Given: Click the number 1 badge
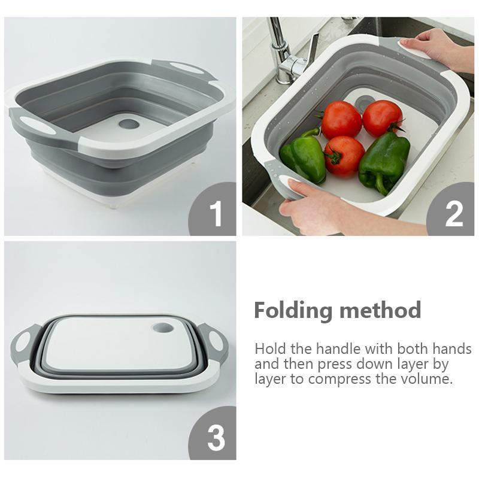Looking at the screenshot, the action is tap(213, 210).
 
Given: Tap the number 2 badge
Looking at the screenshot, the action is tap(451, 210).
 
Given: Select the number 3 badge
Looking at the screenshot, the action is tap(213, 433).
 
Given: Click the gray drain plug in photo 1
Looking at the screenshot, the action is tap(128, 124).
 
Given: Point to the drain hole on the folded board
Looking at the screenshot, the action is tap(163, 328).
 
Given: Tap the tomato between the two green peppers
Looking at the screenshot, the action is tap(344, 156).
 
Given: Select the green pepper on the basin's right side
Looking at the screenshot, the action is tap(384, 162).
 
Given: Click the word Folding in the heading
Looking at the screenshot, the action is tap(293, 311).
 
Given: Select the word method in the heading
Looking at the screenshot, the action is tap(380, 310).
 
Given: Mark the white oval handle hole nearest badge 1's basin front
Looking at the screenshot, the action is tap(38, 126).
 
